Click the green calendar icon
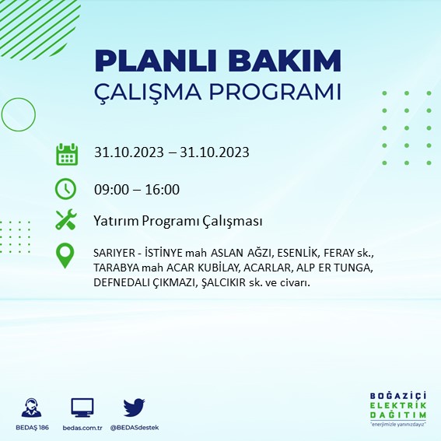pos(67,153)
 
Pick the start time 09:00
pos(110,190)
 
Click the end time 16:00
pos(163,190)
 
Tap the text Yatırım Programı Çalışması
pos(177,221)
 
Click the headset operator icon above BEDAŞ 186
pos(32,408)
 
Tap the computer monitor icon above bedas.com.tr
pos(82,408)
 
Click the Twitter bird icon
pos(135,408)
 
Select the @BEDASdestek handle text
pos(135,429)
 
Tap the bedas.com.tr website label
pos(82,429)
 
